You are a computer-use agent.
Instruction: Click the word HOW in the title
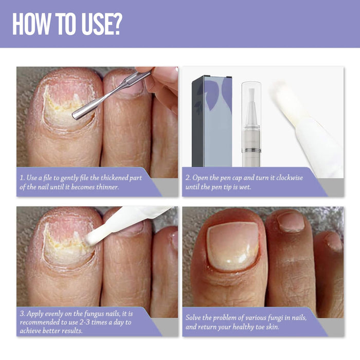click(32, 24)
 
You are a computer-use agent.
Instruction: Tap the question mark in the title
click(116, 24)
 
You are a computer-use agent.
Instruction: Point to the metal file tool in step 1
click(111, 95)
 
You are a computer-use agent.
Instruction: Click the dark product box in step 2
click(211, 121)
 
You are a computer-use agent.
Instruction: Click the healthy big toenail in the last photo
click(232, 245)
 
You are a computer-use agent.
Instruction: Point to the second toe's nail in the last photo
click(291, 222)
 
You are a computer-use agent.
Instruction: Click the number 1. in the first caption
click(22, 178)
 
